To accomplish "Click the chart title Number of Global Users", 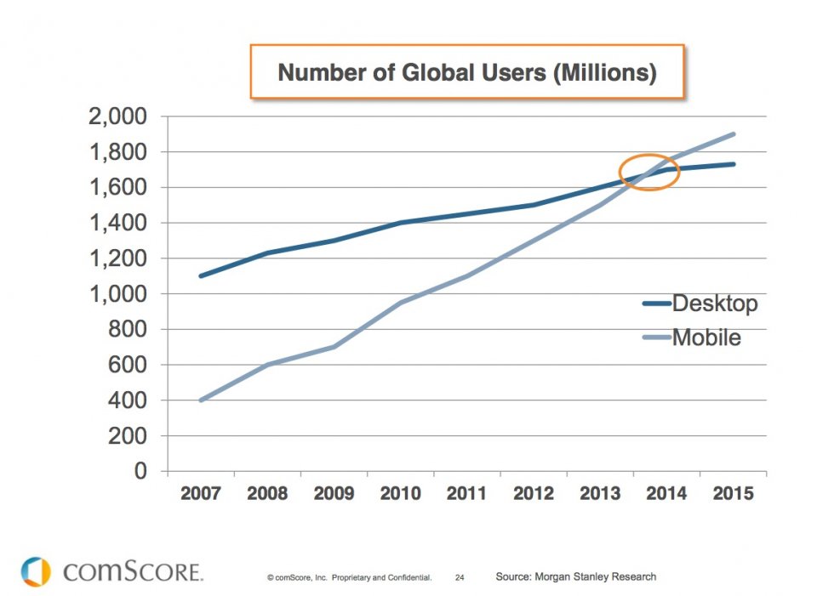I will (x=467, y=73).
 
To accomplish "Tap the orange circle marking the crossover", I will (x=649, y=172).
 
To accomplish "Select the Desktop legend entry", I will (x=714, y=303).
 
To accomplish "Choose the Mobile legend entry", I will (x=706, y=338).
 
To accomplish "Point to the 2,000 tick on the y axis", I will (x=117, y=116).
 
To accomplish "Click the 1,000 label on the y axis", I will (x=117, y=294).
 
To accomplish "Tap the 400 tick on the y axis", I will (x=129, y=400).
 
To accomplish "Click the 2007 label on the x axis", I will (x=201, y=494).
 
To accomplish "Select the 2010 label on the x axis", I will (x=400, y=494).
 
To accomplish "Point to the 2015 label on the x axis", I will (x=733, y=494).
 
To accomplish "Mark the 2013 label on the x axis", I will (x=600, y=494).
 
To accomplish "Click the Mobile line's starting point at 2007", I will (x=201, y=400).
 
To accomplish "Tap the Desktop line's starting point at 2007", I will (x=201, y=275).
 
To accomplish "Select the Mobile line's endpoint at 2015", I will (x=733, y=133).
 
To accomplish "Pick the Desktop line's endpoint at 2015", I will (x=733, y=164).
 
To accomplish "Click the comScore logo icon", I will (x=37, y=571).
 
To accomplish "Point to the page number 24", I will (x=460, y=577).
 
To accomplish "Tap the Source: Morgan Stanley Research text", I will (x=575, y=576).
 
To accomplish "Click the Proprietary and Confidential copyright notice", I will (x=349, y=577).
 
